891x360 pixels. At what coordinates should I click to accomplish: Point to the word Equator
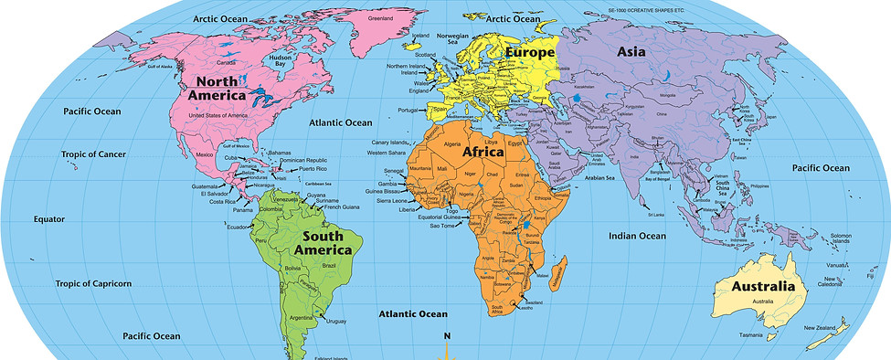49,219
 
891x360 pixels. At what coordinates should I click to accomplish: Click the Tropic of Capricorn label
92,283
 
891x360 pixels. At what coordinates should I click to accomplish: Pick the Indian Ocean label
638,236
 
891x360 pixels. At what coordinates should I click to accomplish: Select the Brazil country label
328,265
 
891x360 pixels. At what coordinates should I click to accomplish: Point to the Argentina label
302,317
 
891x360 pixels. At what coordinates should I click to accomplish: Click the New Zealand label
820,326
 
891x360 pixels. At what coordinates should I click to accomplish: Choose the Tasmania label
750,335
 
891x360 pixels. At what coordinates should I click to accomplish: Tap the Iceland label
420,36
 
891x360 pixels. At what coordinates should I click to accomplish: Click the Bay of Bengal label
657,179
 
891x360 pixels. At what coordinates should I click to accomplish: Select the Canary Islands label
389,143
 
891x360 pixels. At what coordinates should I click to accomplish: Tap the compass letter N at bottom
447,336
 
